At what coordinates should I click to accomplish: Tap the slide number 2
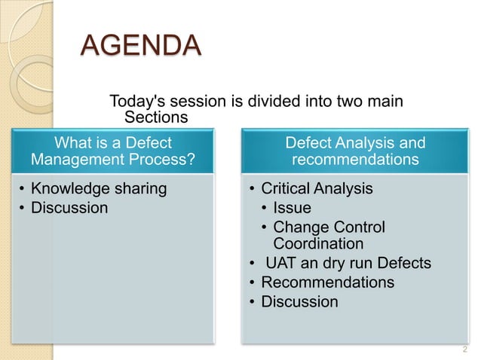click(x=464, y=349)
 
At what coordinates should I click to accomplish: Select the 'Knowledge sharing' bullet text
click(x=98, y=188)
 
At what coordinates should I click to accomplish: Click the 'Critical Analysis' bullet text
click(x=317, y=188)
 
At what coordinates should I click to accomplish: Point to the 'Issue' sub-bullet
click(x=292, y=208)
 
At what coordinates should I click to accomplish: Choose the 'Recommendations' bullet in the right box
click(x=327, y=282)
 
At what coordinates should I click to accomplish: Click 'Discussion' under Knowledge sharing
click(x=69, y=207)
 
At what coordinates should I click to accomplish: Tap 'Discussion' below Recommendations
click(x=299, y=301)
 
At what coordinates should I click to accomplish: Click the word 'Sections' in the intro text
click(x=155, y=117)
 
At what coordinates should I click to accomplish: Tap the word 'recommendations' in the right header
click(x=355, y=160)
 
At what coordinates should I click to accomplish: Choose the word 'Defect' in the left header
click(x=147, y=142)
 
